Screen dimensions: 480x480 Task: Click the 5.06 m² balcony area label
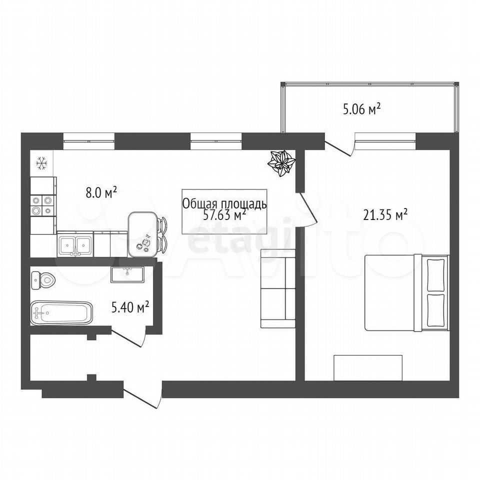pos(361,109)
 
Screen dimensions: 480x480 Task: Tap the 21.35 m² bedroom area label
pos(385,214)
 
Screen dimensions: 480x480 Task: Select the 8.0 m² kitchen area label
pos(101,193)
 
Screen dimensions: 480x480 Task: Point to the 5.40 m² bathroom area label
pos(130,307)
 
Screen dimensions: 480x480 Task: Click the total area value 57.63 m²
pos(225,215)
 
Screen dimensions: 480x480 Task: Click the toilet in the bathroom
pos(43,280)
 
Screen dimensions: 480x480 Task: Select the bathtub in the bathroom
pos(61,313)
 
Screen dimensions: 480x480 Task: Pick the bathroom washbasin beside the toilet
pos(127,274)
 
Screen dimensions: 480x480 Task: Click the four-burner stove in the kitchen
pos(43,205)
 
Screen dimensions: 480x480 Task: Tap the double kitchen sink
pos(75,244)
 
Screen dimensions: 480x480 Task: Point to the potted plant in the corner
pos(281,163)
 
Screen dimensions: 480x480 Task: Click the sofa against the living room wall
pos(277,288)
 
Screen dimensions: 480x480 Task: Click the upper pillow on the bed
pos(435,275)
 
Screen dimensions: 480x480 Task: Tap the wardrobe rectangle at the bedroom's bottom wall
pos(368,367)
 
